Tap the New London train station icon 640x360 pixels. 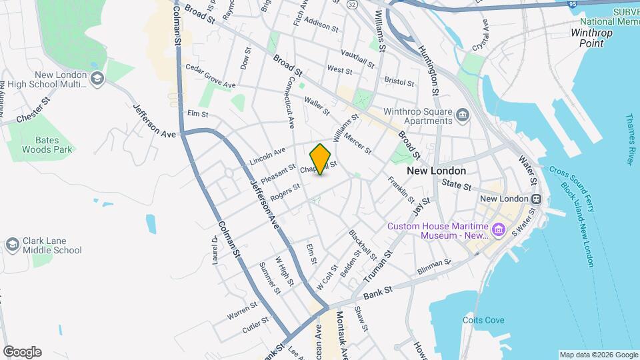click(x=535, y=199)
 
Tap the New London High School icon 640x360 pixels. click(x=97, y=79)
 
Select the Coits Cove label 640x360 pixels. click(x=482, y=320)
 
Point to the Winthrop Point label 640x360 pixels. click(x=587, y=37)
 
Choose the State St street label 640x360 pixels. click(x=457, y=185)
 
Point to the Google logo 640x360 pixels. click(x=22, y=351)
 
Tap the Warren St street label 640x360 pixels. click(x=241, y=310)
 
